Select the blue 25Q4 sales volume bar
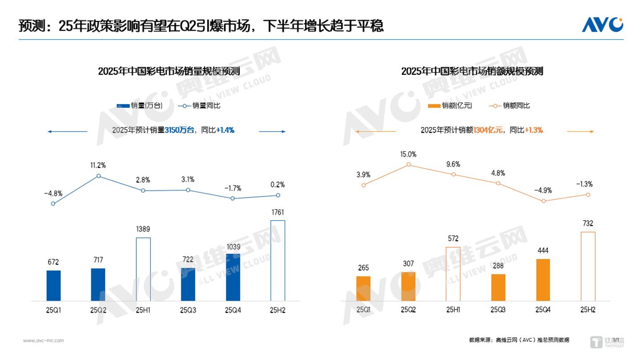pos(233,277)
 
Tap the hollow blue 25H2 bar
pos(278,261)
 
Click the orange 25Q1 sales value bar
pos(363,288)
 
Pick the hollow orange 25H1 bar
pos(453,274)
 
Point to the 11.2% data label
pos(98,165)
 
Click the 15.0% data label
pos(408,154)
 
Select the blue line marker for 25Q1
pos(53,204)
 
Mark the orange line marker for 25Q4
pos(543,201)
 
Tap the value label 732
pos(588,224)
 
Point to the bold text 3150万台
pos(180,131)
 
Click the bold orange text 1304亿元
pos(488,131)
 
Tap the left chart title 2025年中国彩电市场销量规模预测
pos(169,71)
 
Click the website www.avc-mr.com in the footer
pos(44,340)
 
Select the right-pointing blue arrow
pos(272,131)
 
